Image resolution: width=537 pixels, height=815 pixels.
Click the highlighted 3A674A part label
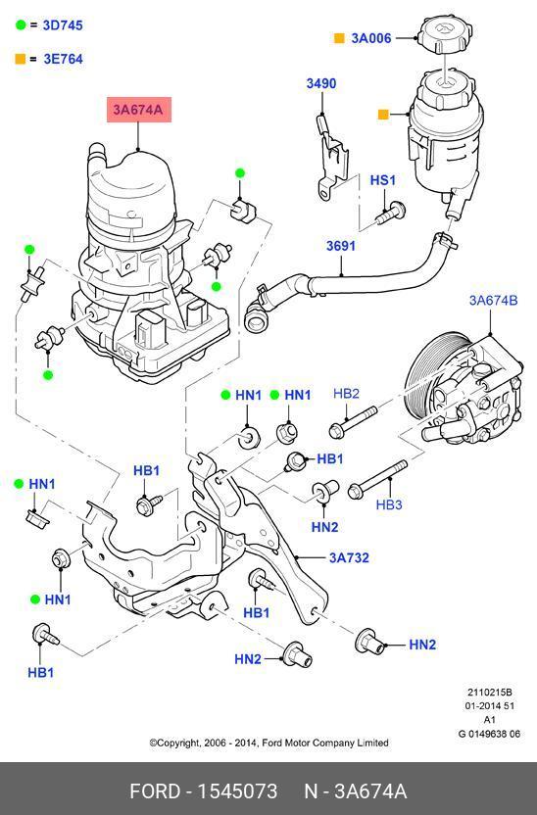(139, 110)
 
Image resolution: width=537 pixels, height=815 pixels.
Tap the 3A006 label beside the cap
(371, 38)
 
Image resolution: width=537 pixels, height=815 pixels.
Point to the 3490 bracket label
(320, 83)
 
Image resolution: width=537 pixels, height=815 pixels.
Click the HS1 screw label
(382, 180)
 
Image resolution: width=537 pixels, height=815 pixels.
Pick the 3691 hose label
(341, 245)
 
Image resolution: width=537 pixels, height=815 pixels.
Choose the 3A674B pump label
(493, 300)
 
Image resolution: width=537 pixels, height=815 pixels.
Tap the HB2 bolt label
(346, 394)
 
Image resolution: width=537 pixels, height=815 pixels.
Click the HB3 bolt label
(389, 504)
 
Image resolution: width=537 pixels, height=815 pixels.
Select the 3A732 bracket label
(349, 557)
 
